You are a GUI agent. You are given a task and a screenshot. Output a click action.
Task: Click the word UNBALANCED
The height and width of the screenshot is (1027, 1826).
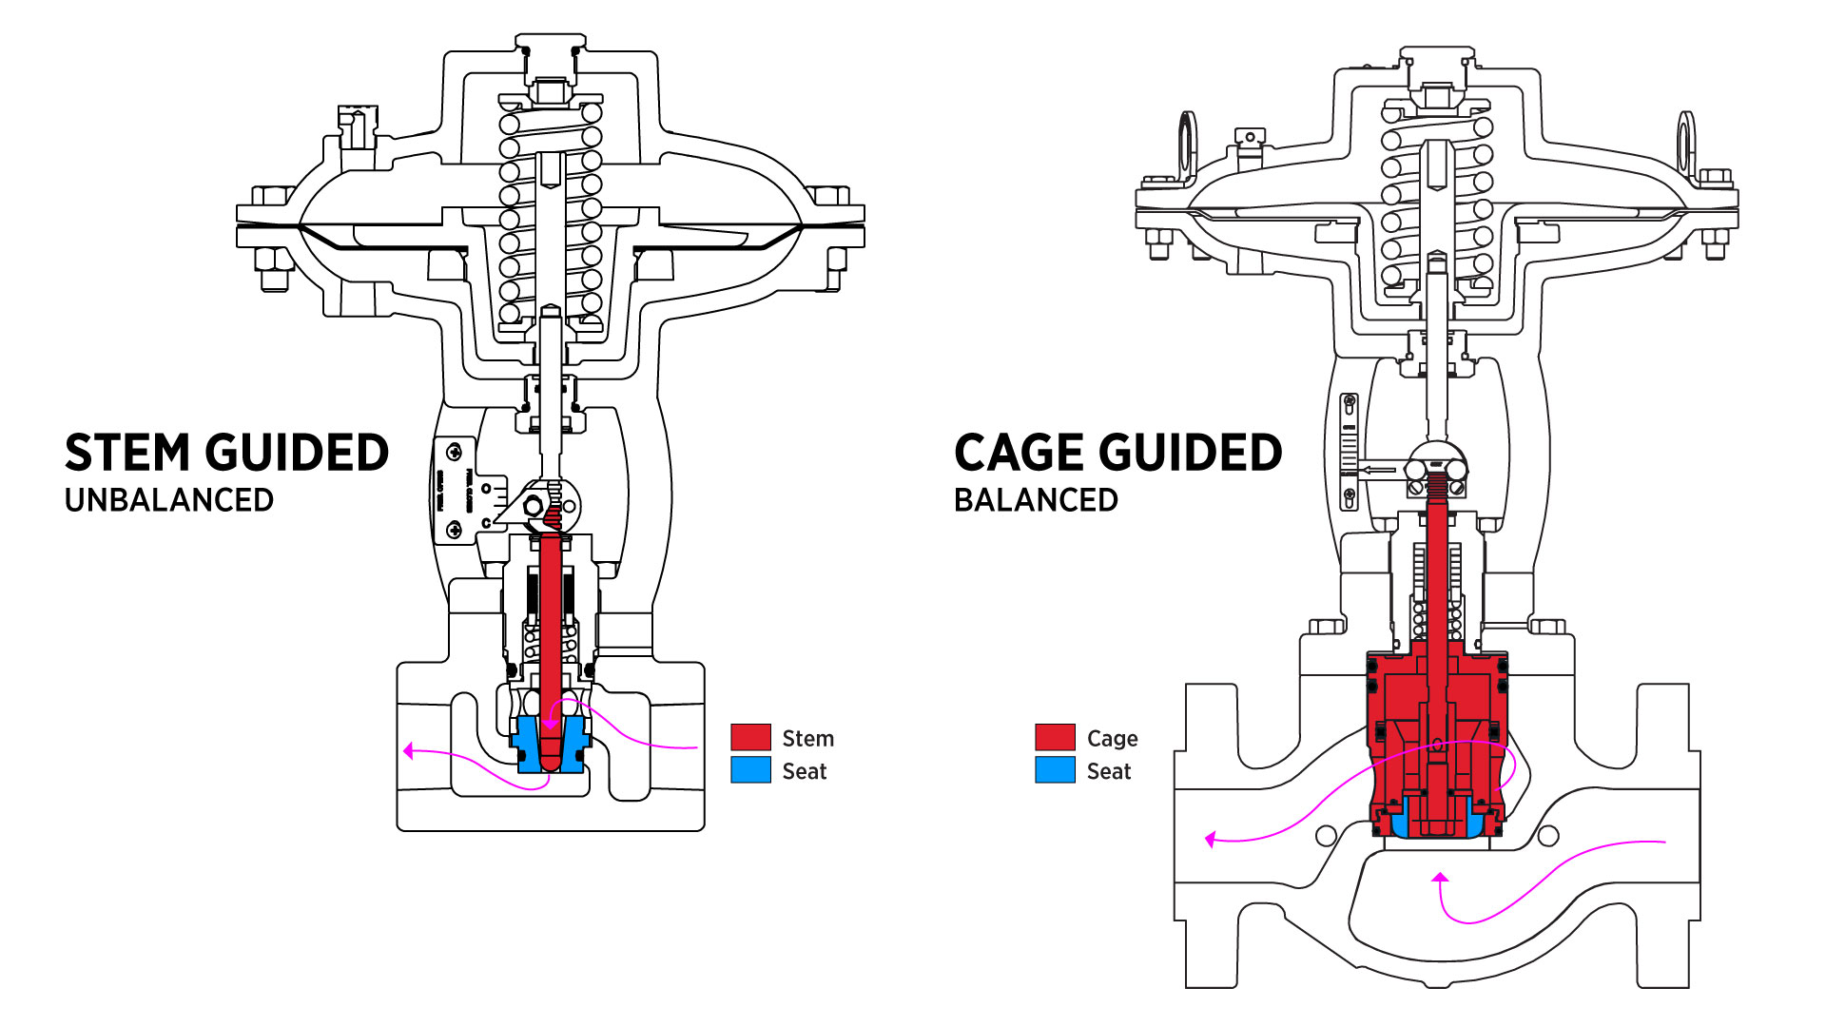(x=169, y=500)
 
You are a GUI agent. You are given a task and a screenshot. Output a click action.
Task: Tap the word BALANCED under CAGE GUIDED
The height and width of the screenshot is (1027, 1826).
(x=1036, y=500)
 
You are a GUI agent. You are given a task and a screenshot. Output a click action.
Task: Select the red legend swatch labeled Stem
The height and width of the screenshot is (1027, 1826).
(x=750, y=738)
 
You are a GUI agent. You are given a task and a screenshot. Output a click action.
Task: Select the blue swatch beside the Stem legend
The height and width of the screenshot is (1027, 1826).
(x=750, y=770)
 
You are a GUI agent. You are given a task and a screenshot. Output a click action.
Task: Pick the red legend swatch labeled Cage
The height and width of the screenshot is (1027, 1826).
(x=1055, y=738)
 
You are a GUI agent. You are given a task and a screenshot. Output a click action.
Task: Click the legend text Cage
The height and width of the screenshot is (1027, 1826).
(x=1112, y=739)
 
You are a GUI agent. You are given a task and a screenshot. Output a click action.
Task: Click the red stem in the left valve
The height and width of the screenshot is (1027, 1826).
(x=550, y=628)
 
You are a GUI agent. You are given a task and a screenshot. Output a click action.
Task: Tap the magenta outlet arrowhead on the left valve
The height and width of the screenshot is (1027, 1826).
(x=408, y=751)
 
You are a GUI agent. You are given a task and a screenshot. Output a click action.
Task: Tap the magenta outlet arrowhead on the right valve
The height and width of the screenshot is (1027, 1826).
(x=1210, y=840)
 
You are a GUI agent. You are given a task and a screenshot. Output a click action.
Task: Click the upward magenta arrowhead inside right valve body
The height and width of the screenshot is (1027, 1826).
(x=1440, y=878)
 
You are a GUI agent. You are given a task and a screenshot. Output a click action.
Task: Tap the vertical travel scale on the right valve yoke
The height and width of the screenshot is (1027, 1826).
(x=1349, y=452)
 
